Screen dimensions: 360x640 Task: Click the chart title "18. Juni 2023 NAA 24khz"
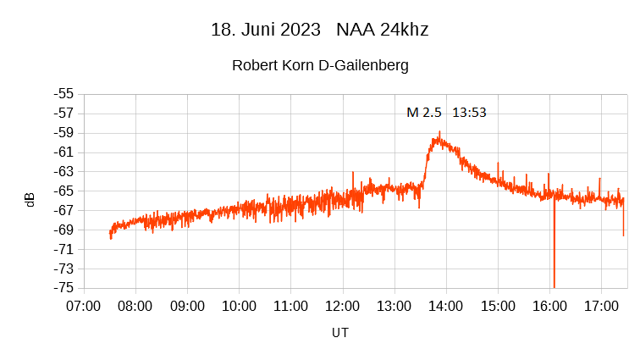coord(319,30)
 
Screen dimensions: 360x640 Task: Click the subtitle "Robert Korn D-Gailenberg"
coord(320,65)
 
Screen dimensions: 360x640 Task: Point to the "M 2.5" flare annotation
coord(424,112)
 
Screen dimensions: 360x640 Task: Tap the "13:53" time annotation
coord(469,112)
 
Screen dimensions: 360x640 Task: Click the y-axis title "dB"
coord(30,200)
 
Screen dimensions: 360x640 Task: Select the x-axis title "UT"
coord(340,333)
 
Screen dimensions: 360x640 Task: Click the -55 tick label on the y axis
coord(63,94)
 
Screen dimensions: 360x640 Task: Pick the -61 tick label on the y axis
coord(63,152)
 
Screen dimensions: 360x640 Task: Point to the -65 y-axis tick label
coord(63,191)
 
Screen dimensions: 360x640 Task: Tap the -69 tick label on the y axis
coord(63,230)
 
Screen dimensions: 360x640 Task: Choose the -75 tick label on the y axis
coord(63,288)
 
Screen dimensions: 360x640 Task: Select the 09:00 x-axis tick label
coord(187,305)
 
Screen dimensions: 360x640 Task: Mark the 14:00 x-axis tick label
coord(445,305)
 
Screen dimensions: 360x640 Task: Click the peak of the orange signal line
coord(439,133)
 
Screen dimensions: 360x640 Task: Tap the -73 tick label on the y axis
coord(63,269)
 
